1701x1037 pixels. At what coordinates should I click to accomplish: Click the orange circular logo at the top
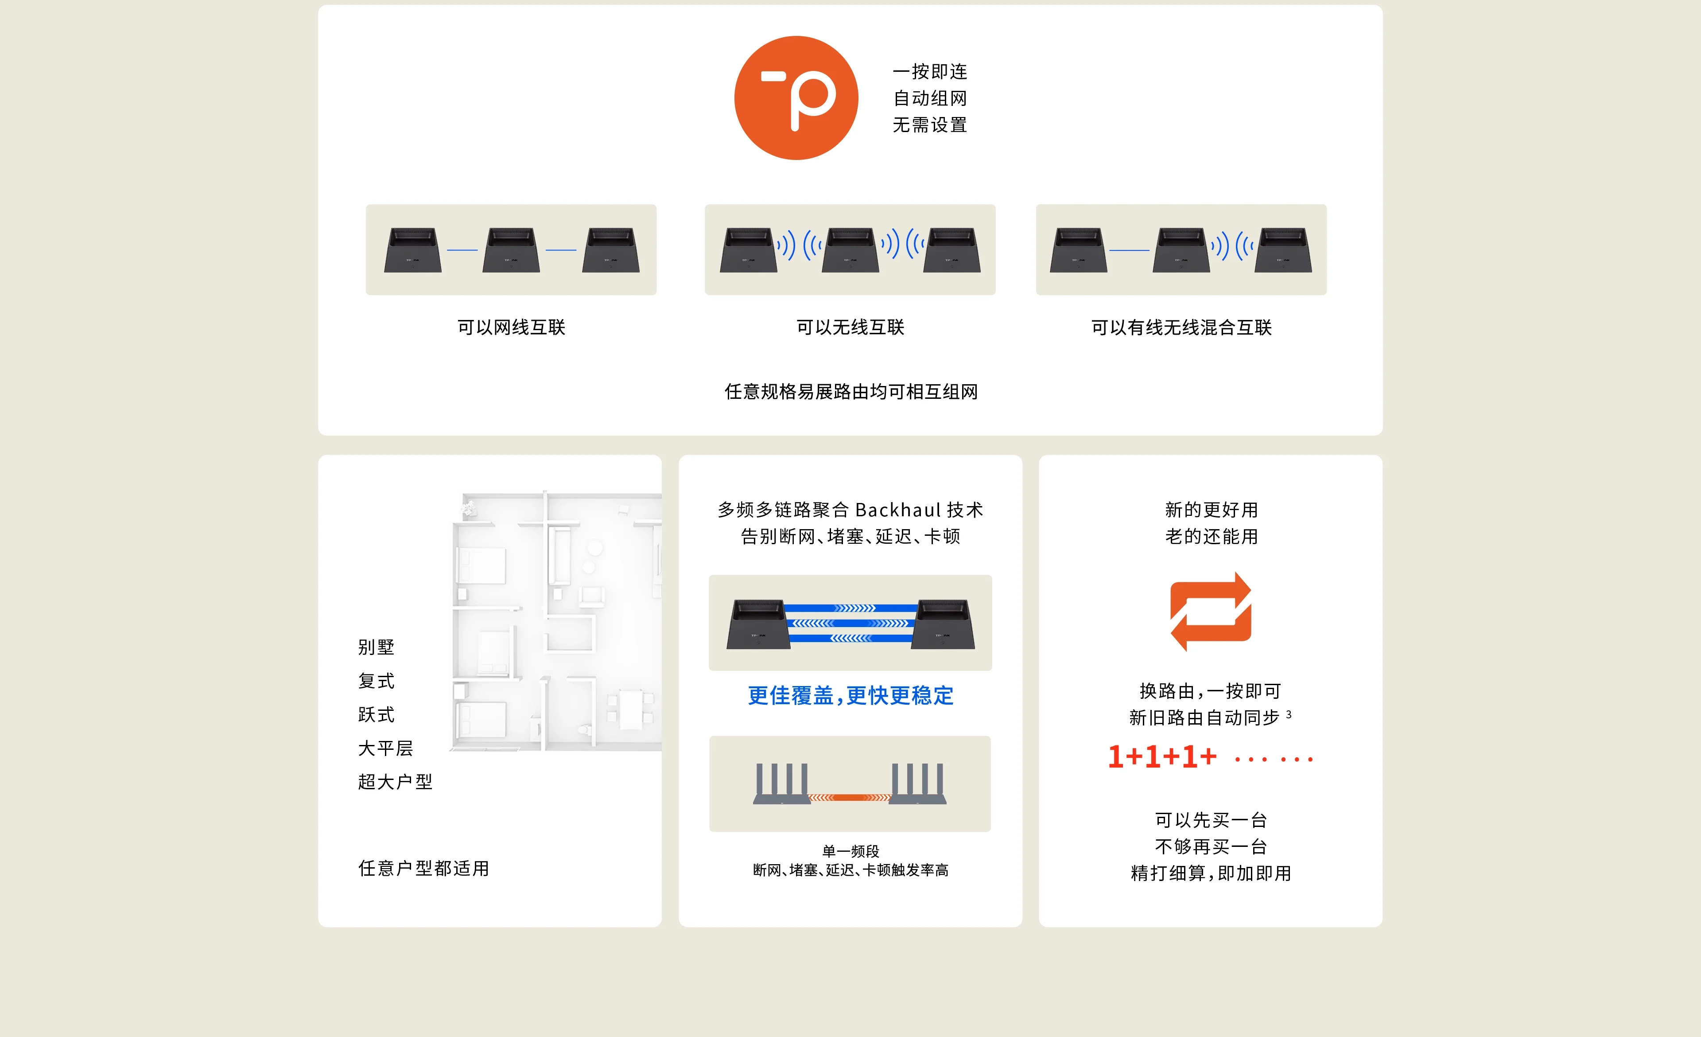[x=796, y=98]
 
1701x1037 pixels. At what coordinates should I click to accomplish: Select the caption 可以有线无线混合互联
[x=1181, y=327]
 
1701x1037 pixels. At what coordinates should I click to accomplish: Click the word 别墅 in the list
[x=376, y=647]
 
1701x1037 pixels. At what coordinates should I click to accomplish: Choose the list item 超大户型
[x=395, y=782]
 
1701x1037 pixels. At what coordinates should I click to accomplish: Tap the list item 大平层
[x=385, y=748]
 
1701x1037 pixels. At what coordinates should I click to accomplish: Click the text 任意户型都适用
[x=423, y=868]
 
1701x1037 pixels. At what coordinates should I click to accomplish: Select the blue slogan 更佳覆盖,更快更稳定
[x=850, y=695]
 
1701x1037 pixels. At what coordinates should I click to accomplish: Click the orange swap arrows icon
[x=1210, y=612]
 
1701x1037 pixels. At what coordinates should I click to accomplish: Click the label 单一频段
[x=850, y=850]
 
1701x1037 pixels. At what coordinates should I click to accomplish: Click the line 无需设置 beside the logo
[x=929, y=125]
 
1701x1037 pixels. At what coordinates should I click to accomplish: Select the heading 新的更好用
[x=1211, y=510]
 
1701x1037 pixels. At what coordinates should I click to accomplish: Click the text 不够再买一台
[x=1211, y=846]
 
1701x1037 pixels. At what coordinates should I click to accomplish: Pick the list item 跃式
[x=376, y=714]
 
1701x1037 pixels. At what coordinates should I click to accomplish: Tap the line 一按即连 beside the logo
[x=929, y=72]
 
